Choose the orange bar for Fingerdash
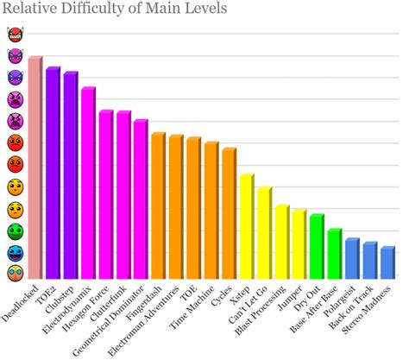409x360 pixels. [157, 206]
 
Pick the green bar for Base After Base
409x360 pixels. [333, 254]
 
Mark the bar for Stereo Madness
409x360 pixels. [386, 263]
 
